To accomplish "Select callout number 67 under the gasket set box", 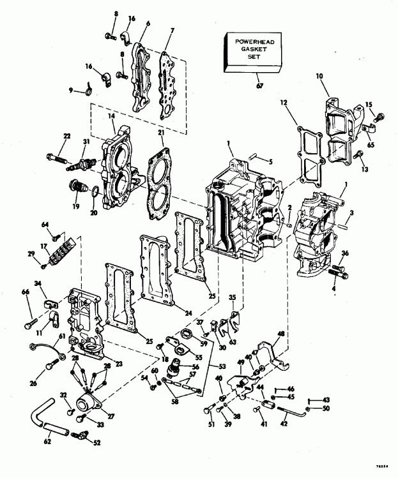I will pos(259,83).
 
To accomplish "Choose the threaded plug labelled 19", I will pos(77,189).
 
